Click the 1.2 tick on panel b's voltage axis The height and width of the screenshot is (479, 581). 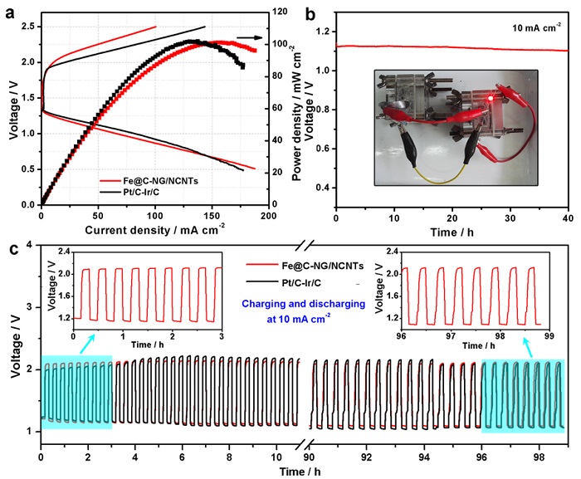pyautogui.click(x=321, y=32)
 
